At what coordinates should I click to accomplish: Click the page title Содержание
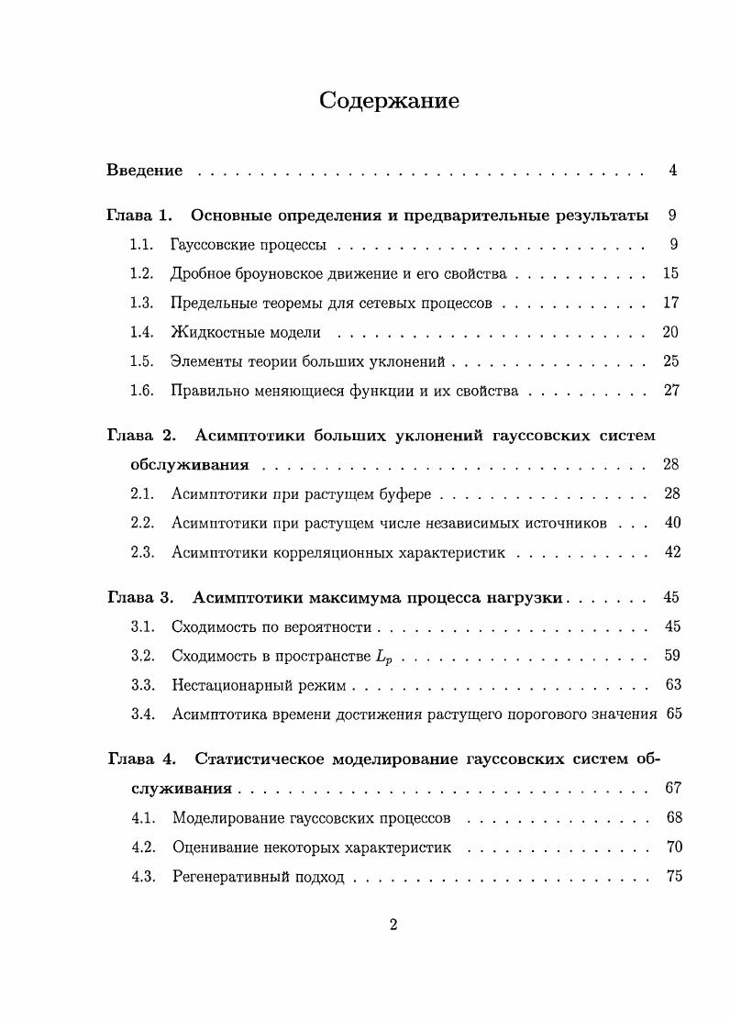(389, 101)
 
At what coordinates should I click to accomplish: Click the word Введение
(145, 171)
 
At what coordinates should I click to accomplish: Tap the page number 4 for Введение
(672, 171)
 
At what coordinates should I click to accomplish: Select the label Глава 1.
(139, 216)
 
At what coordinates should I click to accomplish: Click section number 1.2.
(140, 273)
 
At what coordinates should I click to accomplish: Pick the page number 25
(670, 361)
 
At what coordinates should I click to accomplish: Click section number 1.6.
(140, 391)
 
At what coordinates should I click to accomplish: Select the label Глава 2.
(139, 436)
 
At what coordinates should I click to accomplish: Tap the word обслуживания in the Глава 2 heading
(190, 465)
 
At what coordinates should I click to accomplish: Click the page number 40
(671, 524)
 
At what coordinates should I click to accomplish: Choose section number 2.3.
(140, 553)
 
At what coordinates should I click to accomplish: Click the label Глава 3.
(139, 598)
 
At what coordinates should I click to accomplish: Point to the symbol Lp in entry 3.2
(387, 657)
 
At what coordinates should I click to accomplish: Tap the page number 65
(674, 714)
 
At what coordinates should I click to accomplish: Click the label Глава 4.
(140, 759)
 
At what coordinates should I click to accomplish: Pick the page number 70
(674, 847)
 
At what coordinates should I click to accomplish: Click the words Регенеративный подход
(258, 877)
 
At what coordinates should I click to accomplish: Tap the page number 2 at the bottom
(393, 925)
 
